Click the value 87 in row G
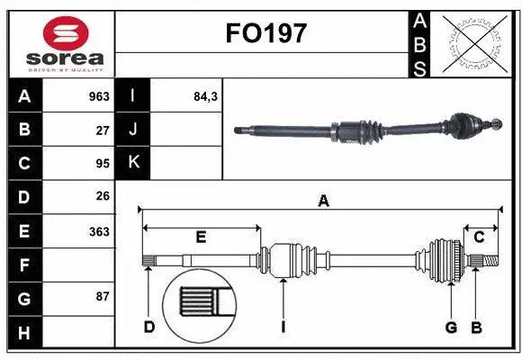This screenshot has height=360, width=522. pyautogui.click(x=102, y=296)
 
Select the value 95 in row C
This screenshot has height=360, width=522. pyautogui.click(x=102, y=163)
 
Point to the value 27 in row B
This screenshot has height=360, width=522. pyautogui.click(x=102, y=130)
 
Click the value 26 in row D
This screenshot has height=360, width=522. pyautogui.click(x=102, y=195)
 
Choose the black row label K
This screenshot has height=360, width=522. pyautogui.click(x=133, y=163)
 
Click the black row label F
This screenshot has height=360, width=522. pyautogui.click(x=24, y=265)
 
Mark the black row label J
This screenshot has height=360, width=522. pyautogui.click(x=133, y=130)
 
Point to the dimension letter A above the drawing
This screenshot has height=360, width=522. pyautogui.click(x=323, y=202)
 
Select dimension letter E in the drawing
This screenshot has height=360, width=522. pyautogui.click(x=201, y=238)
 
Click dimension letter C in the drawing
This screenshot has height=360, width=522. pyautogui.click(x=480, y=237)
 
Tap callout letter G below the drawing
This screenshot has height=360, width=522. pyautogui.click(x=452, y=327)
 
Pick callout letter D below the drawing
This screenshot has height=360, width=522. pyautogui.click(x=149, y=327)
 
